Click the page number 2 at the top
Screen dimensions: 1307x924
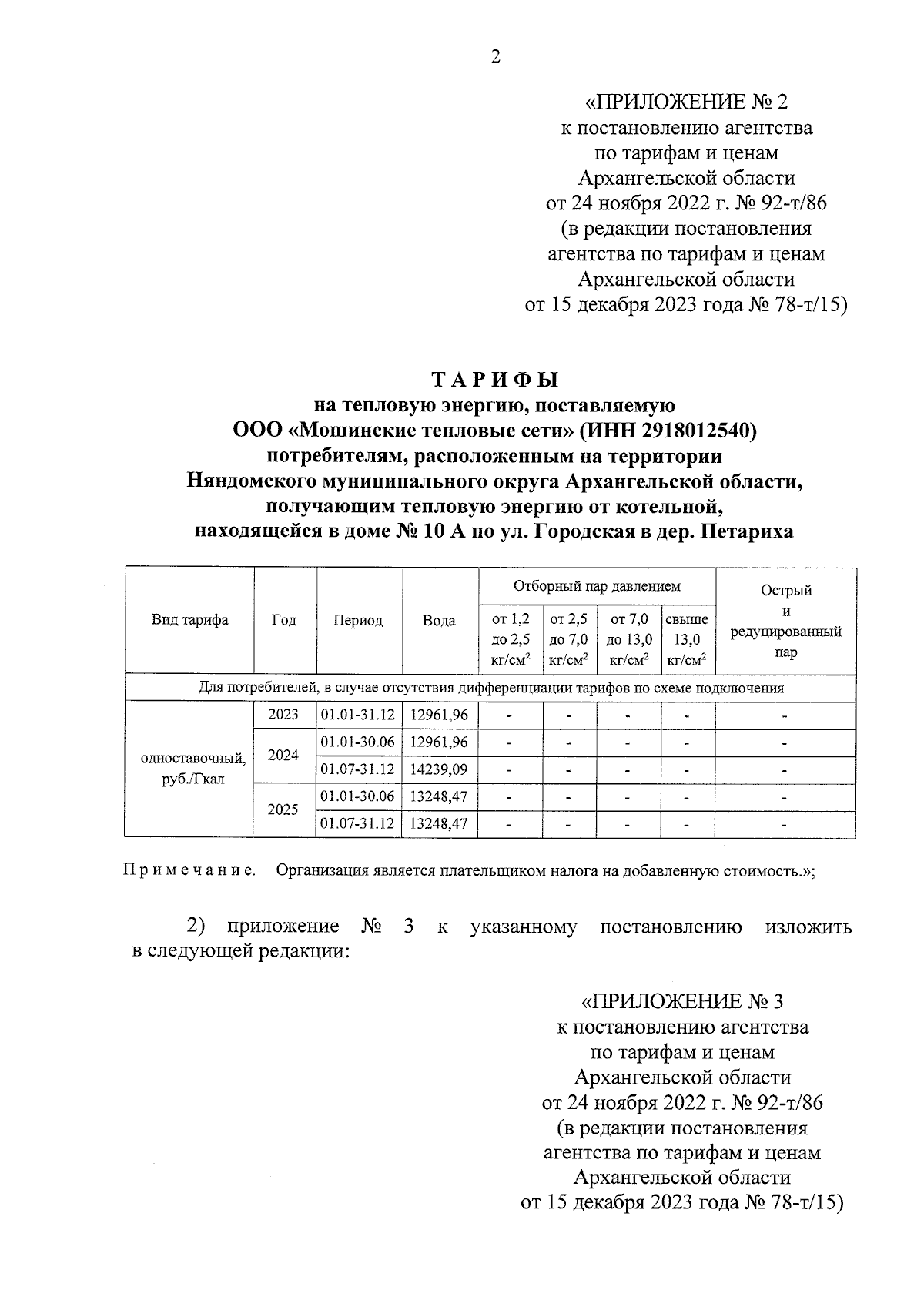(x=495, y=57)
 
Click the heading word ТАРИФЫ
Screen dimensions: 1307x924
(x=494, y=380)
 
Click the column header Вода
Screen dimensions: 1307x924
(x=439, y=621)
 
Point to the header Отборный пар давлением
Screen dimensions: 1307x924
(x=597, y=586)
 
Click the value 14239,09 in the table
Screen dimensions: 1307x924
(x=439, y=769)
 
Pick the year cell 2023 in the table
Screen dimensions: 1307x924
(x=283, y=715)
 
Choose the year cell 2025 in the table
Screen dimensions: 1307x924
(x=283, y=810)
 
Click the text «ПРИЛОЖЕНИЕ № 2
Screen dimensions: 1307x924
(x=687, y=102)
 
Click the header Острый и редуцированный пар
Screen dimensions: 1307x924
(x=785, y=621)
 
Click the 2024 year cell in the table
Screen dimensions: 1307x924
(x=283, y=756)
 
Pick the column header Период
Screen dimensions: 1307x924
(x=358, y=621)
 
